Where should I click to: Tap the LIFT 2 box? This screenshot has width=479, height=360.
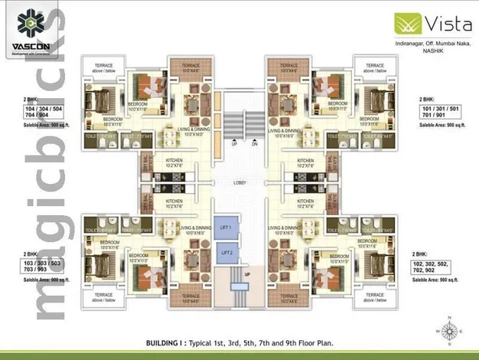click(226, 253)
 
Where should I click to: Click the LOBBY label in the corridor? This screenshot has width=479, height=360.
click(239, 182)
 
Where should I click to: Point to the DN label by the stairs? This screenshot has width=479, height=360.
click(255, 144)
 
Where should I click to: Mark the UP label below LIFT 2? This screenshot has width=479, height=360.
click(246, 273)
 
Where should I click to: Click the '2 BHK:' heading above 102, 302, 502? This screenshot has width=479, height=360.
click(420, 253)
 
